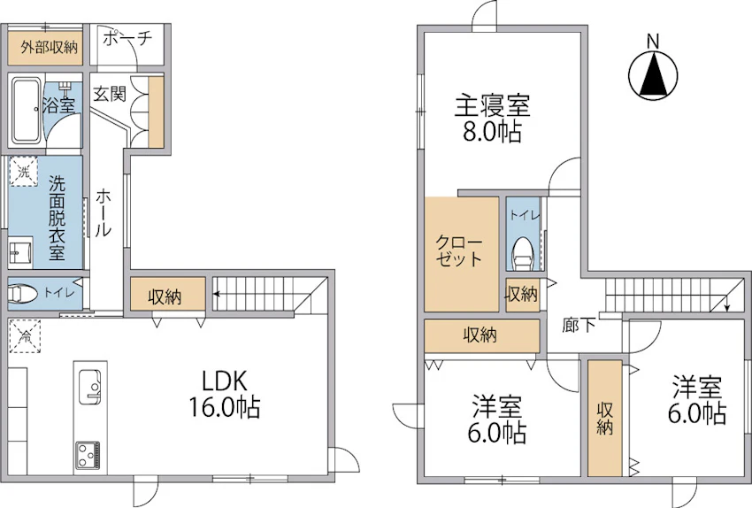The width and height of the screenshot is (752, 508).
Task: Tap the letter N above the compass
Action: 652,41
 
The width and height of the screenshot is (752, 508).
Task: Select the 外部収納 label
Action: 50,47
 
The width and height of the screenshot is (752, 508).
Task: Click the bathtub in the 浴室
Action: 27,110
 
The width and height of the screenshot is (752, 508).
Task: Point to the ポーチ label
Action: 127,38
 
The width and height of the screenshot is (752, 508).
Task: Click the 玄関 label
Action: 110,94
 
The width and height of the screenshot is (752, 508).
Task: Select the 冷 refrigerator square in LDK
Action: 24,336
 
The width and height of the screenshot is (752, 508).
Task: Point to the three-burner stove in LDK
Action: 88,456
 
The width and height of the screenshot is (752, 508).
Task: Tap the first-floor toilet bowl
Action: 22,294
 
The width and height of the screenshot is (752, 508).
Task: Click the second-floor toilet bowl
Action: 523,255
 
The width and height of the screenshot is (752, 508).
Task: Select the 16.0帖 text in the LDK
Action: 225,408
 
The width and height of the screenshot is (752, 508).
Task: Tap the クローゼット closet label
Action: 459,250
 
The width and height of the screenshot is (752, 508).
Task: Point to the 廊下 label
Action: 579,326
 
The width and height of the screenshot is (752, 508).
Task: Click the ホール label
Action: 104,213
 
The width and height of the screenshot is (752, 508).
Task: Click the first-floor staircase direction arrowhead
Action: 217,294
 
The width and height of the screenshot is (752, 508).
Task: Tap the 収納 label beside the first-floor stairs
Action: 165,297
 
